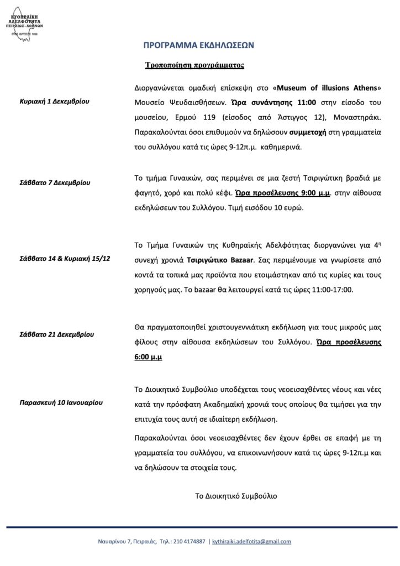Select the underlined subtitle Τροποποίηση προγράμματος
click(187, 65)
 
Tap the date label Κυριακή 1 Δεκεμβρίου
click(54, 102)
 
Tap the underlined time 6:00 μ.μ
click(148, 357)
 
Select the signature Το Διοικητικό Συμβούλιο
click(236, 495)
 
